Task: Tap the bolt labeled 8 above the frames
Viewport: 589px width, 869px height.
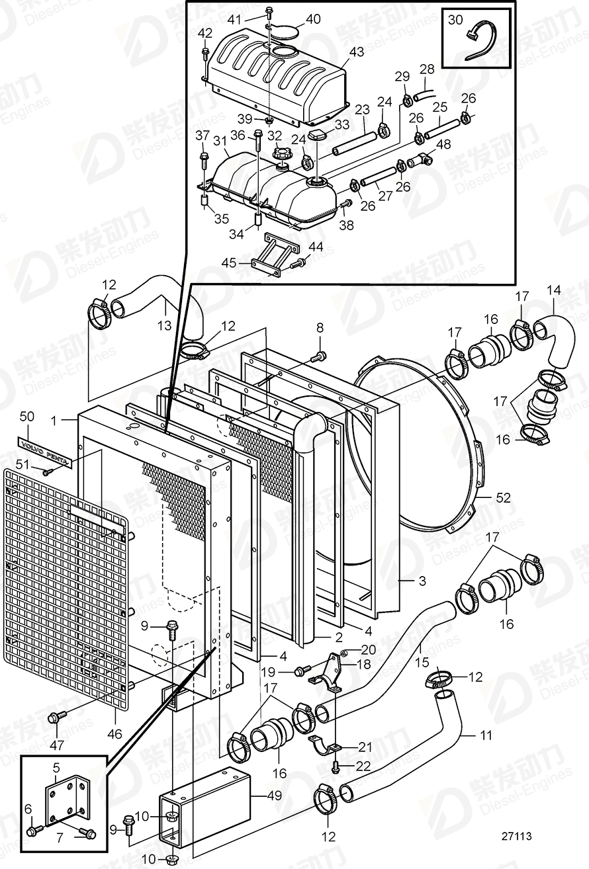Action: tap(318, 357)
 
